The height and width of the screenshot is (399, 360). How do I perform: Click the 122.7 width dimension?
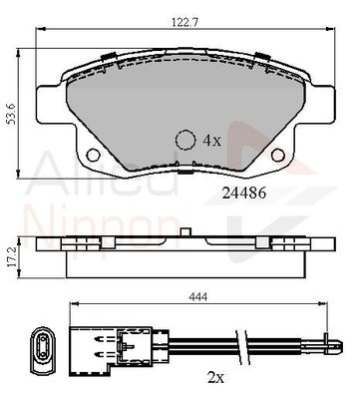[x=184, y=22]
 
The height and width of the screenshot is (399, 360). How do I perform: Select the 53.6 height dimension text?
[x=12, y=114]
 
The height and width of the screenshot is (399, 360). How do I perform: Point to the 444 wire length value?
[x=198, y=296]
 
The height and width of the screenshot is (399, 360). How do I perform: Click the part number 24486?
[x=244, y=193]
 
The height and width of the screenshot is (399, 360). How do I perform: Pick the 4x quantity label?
[x=211, y=141]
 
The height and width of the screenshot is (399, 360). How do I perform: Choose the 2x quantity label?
[x=215, y=377]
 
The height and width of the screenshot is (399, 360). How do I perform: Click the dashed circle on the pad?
[x=185, y=140]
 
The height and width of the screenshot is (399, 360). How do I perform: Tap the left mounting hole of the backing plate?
[x=93, y=155]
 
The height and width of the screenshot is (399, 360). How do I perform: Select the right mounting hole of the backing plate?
[x=278, y=155]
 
